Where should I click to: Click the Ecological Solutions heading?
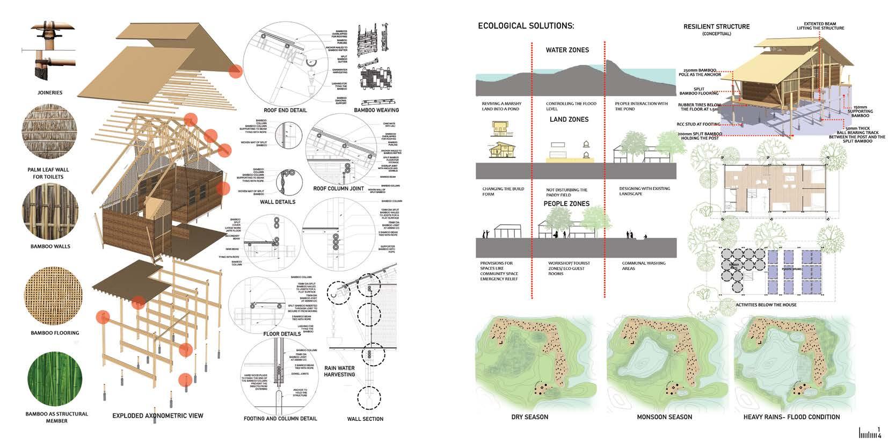[x=526, y=26]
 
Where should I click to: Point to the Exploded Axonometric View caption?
[x=158, y=416]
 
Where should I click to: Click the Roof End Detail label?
[x=285, y=110]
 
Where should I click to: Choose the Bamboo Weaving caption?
[x=376, y=110]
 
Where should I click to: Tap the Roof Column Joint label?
[x=338, y=188]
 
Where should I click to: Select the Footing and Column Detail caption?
[x=280, y=418]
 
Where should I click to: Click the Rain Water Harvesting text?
[x=339, y=371]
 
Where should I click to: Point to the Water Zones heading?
[x=567, y=50]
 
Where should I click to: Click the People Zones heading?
[x=566, y=203]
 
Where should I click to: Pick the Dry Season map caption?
[x=530, y=417]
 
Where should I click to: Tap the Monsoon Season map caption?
[x=664, y=417]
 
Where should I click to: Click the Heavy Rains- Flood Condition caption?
[x=791, y=417]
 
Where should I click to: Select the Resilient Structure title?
[x=716, y=26]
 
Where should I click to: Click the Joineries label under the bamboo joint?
[x=50, y=92]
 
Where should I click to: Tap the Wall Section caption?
[x=365, y=419]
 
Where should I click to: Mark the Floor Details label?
[x=282, y=333]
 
